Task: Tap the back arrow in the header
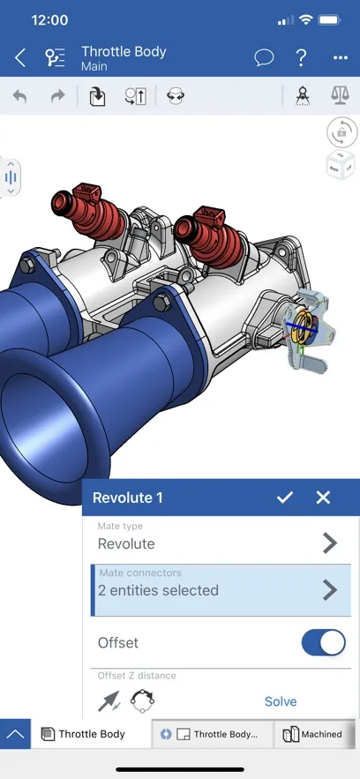[20, 58]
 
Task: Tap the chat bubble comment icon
[264, 58]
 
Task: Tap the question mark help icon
[302, 58]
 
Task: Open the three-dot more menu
[341, 58]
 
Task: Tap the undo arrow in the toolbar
[19, 96]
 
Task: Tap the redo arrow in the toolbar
[57, 96]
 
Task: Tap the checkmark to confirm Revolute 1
[284, 498]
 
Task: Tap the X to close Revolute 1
[323, 498]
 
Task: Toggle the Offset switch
[323, 643]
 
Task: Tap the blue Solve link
[281, 701]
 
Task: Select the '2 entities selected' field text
[158, 590]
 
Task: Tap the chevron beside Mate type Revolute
[330, 543]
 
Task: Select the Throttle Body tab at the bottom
[91, 734]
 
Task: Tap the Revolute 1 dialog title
[128, 498]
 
